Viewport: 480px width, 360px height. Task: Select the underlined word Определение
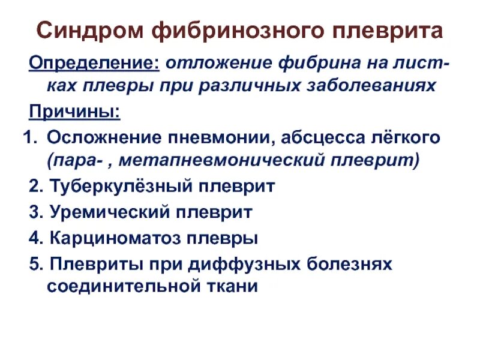(x=95, y=63)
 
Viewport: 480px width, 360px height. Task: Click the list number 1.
(x=26, y=137)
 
